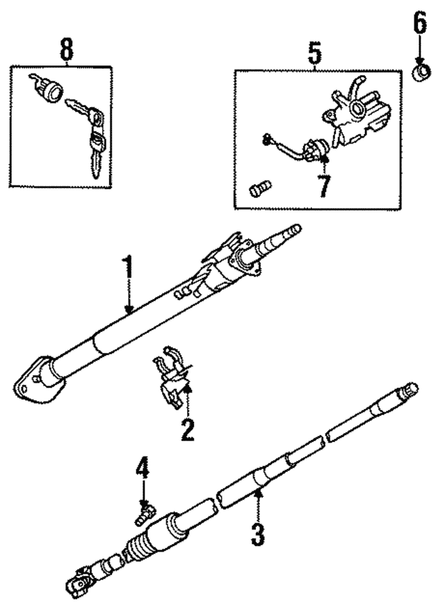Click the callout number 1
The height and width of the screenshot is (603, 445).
pyautogui.click(x=127, y=268)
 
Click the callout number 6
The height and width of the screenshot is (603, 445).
pyautogui.click(x=420, y=25)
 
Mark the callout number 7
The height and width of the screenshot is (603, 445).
pyautogui.click(x=325, y=185)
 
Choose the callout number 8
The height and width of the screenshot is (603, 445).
pyautogui.click(x=65, y=50)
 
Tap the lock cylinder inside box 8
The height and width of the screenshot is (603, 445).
pyautogui.click(x=44, y=88)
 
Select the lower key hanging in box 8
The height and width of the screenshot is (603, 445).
pyautogui.click(x=96, y=153)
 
